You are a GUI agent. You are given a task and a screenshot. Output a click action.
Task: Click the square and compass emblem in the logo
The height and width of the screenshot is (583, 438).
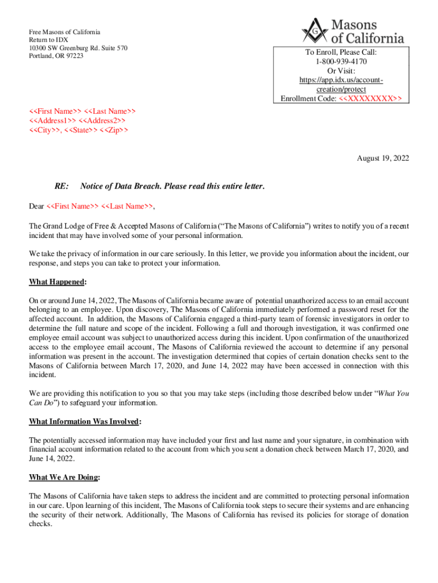[314, 30]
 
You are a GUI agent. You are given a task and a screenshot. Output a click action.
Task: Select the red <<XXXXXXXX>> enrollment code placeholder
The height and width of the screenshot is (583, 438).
[370, 99]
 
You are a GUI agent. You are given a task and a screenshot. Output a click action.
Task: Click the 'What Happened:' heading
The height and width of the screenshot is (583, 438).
[57, 282]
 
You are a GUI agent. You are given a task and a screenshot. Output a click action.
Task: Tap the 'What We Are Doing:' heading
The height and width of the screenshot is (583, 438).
[64, 477]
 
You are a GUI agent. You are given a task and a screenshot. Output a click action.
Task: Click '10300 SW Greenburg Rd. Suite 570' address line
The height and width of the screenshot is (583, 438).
[78, 48]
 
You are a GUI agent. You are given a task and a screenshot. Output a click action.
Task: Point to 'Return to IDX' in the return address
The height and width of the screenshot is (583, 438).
[49, 40]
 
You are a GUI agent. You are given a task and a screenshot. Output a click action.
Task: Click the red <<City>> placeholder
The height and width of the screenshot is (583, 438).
[45, 130]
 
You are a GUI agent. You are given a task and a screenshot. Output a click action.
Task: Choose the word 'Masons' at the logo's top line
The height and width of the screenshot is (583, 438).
[354, 24]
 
